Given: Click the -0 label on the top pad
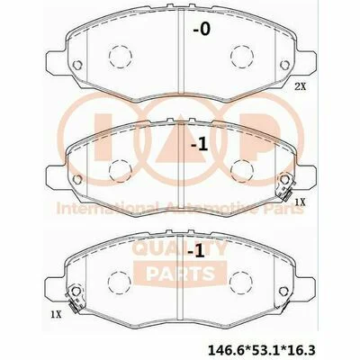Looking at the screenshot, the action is click(x=202, y=30).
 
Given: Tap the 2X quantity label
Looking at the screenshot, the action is click(x=301, y=87).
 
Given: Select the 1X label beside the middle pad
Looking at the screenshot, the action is click(x=300, y=202).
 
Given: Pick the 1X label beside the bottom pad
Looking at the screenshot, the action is click(x=56, y=314).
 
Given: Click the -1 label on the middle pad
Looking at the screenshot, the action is click(x=200, y=145).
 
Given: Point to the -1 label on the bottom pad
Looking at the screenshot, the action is click(x=196, y=251).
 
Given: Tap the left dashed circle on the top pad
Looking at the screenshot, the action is click(x=121, y=57).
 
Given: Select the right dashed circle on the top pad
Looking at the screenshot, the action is click(x=242, y=57).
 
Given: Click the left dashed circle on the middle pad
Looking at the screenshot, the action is click(x=121, y=171).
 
